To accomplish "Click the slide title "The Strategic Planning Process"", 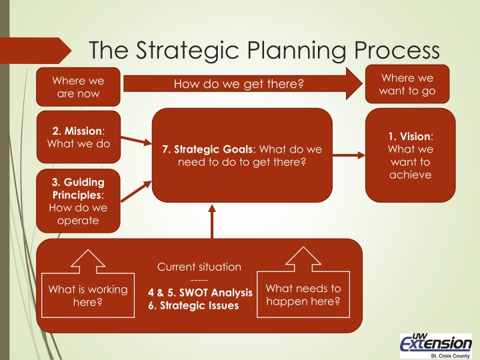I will point(265,50).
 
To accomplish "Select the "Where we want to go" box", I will point(407,85).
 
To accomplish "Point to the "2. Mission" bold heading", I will point(65,131).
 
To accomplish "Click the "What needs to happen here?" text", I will point(303,295).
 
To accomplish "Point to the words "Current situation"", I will point(199,267).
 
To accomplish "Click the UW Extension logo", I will point(435,341).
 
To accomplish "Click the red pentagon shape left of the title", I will point(37,51).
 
